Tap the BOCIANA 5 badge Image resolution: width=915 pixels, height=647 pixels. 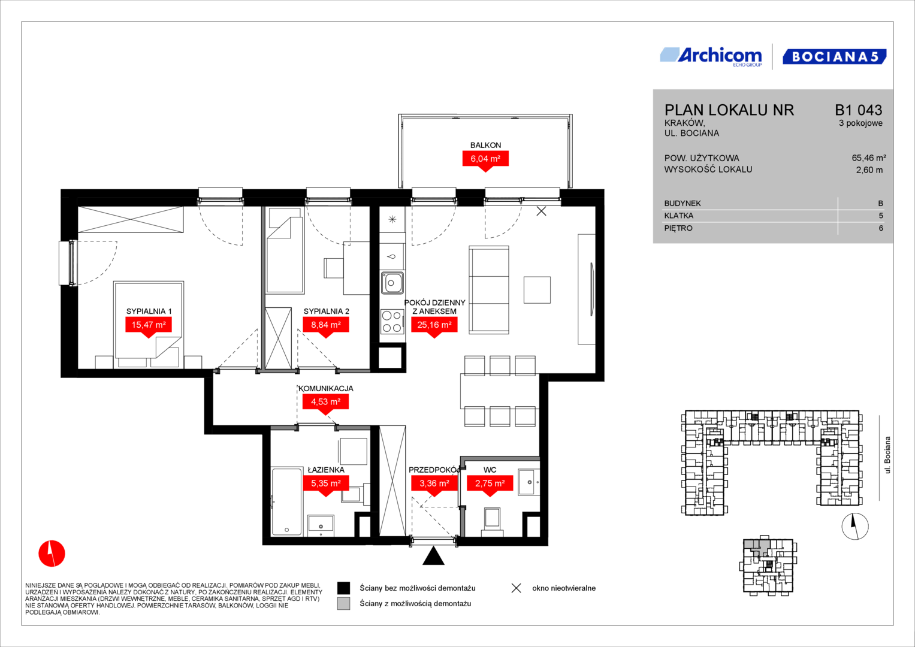pyautogui.click(x=835, y=57)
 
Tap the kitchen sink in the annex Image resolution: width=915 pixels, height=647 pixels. pyautogui.click(x=392, y=283)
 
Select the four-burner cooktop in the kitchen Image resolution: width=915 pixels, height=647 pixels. pyautogui.click(x=392, y=322)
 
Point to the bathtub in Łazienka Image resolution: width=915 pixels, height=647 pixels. pyautogui.click(x=286, y=502)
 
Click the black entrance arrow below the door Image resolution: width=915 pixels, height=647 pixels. pyautogui.click(x=433, y=556)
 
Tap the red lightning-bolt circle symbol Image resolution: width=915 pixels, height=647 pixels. pyautogui.click(x=52, y=554)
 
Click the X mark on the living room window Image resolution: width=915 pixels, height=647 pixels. pyautogui.click(x=541, y=211)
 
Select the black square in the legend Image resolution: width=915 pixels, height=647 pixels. pyautogui.click(x=343, y=588)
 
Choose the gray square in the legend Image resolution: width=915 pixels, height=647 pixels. pyautogui.click(x=343, y=603)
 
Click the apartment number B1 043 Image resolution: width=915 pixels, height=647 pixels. pyautogui.click(x=859, y=110)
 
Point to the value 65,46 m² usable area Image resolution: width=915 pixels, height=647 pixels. pyautogui.click(x=869, y=158)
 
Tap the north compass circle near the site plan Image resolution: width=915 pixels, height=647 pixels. pyautogui.click(x=855, y=526)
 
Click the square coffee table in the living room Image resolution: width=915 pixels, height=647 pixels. pyautogui.click(x=537, y=290)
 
